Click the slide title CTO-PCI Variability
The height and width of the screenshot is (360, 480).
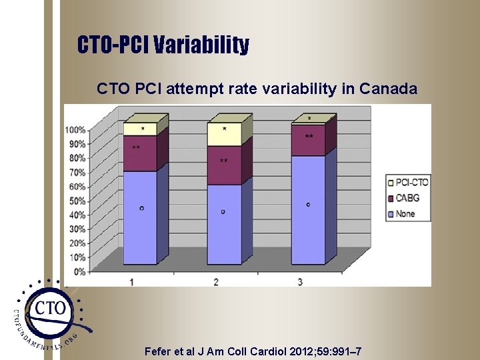[163, 45]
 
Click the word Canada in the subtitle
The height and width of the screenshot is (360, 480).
[387, 89]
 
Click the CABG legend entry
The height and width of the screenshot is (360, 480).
[407, 197]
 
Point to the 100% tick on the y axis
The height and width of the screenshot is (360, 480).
[75, 129]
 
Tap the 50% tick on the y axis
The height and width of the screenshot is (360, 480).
[77, 201]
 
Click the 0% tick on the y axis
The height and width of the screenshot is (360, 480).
[79, 271]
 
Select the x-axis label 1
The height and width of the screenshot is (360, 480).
[131, 282]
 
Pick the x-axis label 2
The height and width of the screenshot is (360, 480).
[216, 282]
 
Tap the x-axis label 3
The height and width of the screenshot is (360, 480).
[300, 282]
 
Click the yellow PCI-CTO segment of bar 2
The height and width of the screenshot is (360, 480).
[223, 134]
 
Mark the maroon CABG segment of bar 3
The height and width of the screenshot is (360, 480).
[307, 140]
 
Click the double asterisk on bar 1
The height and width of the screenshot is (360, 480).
[136, 147]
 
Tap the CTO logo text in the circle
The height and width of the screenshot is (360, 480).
[51, 309]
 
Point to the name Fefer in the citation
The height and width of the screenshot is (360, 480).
[159, 352]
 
